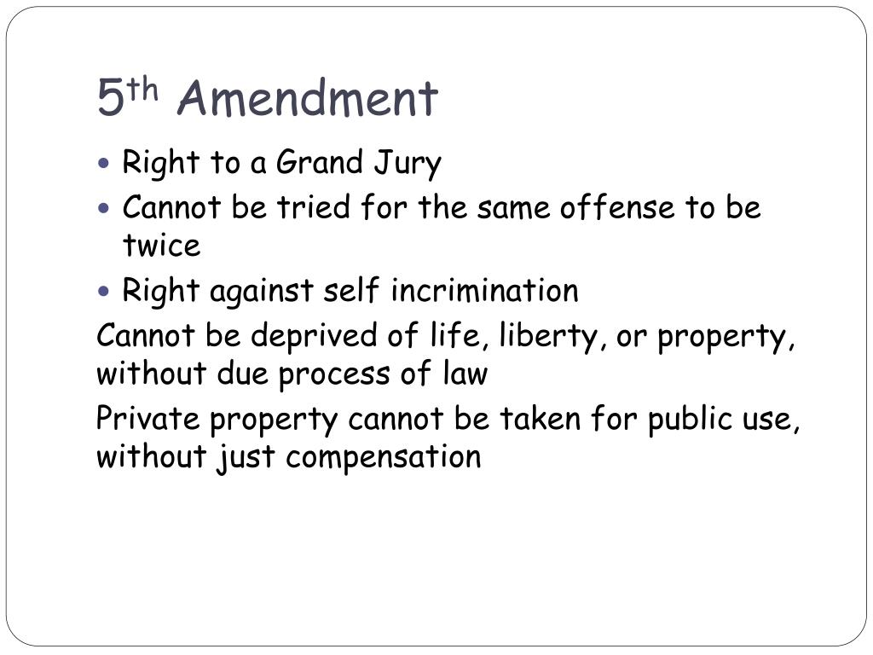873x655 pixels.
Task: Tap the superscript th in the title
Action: pyautogui.click(x=146, y=88)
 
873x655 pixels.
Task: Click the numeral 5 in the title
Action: pyautogui.click(x=108, y=98)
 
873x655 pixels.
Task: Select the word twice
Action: pyautogui.click(x=161, y=246)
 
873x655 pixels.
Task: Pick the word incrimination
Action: pyautogui.click(x=484, y=291)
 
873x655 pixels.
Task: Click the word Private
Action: pyautogui.click(x=147, y=419)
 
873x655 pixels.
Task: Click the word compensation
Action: pyautogui.click(x=384, y=458)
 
